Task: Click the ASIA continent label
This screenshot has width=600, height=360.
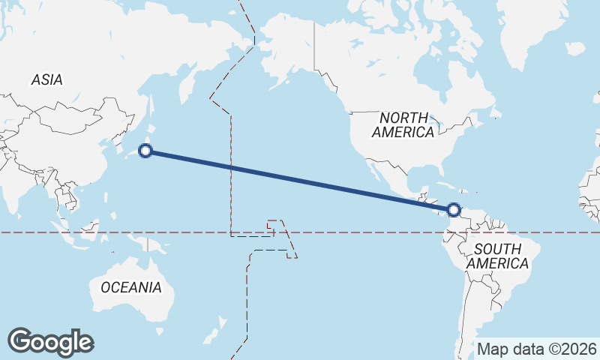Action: [46, 79]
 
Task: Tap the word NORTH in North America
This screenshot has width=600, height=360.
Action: [403, 118]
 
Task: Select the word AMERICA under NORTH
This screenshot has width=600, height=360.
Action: [403, 133]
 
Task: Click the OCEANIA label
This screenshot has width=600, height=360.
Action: [130, 287]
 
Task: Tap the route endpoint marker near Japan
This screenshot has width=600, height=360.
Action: [146, 151]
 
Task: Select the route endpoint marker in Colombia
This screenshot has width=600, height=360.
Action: [454, 210]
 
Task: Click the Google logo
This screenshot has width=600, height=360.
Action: [51, 342]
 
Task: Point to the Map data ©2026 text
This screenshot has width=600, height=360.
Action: [536, 349]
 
